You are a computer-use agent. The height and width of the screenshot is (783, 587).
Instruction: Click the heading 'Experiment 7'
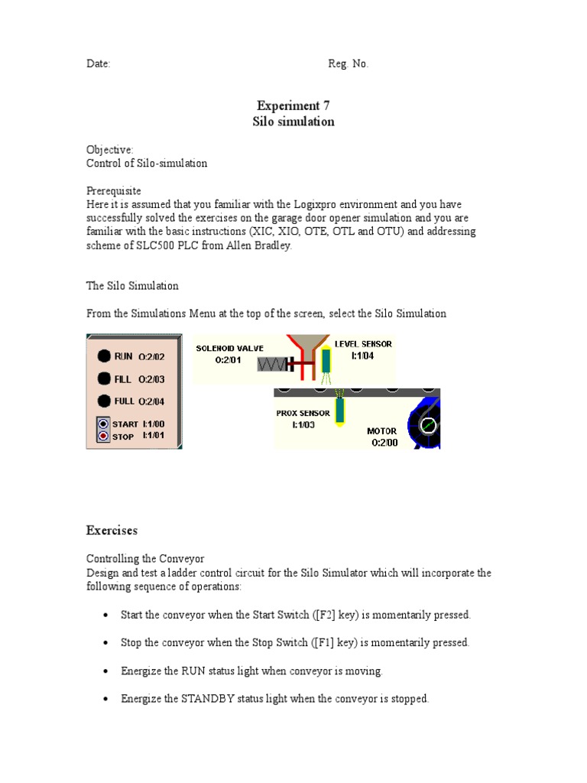[293, 106]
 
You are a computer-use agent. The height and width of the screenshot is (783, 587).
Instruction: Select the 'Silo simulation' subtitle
[293, 122]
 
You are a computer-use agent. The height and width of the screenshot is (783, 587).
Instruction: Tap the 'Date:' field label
[98, 64]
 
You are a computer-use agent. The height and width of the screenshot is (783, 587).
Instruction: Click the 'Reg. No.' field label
[348, 64]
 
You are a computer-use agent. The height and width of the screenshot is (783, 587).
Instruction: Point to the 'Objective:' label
[110, 150]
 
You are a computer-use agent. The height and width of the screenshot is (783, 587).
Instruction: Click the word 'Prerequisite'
[113, 190]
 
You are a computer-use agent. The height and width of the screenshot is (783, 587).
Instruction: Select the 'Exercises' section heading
[112, 530]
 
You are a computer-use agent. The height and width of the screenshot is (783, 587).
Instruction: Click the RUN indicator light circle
[103, 356]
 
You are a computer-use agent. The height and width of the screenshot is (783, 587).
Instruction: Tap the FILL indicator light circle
[103, 378]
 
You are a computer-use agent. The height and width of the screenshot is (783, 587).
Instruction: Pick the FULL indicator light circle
[103, 401]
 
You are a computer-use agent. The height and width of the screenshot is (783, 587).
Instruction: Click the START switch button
[103, 424]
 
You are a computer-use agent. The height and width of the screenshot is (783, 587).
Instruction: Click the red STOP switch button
[103, 436]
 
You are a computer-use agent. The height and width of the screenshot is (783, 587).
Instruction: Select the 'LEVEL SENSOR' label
[363, 344]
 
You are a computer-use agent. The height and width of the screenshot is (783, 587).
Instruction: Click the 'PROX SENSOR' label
[303, 413]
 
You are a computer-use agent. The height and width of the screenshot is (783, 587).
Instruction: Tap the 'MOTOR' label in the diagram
[381, 430]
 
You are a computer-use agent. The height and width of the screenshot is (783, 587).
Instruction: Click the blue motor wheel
[426, 424]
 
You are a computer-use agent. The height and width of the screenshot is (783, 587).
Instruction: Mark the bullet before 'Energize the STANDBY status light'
[105, 699]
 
